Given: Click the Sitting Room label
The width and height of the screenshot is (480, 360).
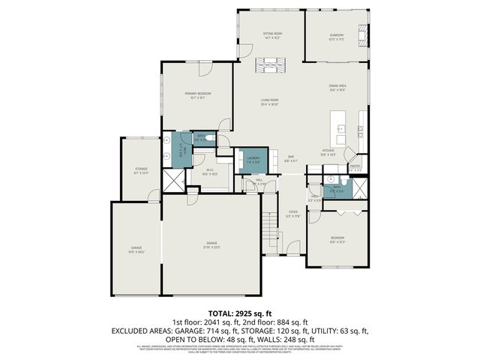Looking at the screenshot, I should [x=271, y=34].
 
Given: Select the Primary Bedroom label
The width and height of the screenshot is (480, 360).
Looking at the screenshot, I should [x=198, y=94].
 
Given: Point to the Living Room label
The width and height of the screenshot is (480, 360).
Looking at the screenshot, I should [x=269, y=100].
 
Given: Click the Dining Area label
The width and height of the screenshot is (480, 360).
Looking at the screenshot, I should [x=337, y=86].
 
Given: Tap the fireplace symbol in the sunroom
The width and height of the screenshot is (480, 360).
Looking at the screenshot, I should [x=364, y=34].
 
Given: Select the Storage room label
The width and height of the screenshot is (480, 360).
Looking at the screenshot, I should [x=141, y=169].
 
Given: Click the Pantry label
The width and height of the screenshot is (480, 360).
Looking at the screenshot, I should [x=355, y=166].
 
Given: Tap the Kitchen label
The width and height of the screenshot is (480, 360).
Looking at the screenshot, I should [x=328, y=151].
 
